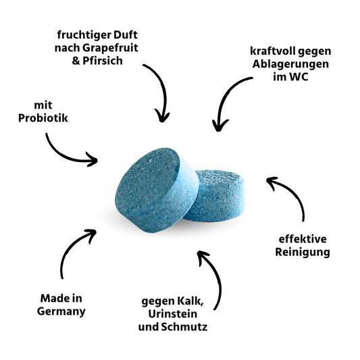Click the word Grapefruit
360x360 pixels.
click(x=110, y=48)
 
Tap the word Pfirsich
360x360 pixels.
click(x=103, y=61)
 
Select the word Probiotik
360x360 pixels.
click(x=43, y=118)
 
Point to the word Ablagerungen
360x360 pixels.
click(x=290, y=64)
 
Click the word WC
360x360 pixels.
click(x=299, y=77)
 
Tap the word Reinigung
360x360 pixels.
click(x=303, y=253)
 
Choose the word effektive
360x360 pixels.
click(x=303, y=239)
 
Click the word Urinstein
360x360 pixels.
click(x=173, y=314)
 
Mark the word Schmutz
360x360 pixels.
click(x=184, y=327)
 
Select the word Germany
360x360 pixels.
click(x=61, y=312)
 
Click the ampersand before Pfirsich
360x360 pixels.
click(x=76, y=61)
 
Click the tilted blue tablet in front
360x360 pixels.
click(x=157, y=190)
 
